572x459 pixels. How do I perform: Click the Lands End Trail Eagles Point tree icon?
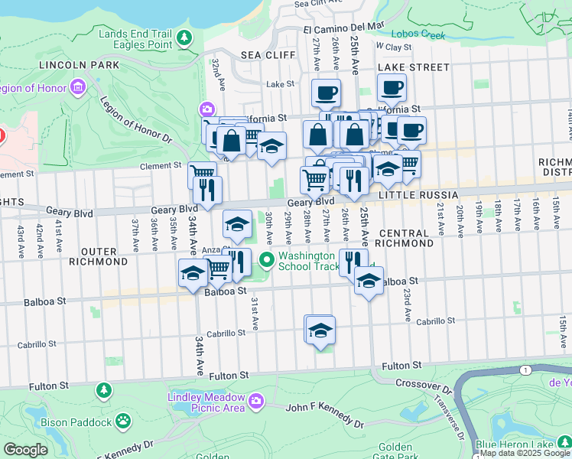pos(184,37)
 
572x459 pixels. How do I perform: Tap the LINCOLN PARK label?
pos(82,65)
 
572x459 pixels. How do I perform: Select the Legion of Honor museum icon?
pos(76,88)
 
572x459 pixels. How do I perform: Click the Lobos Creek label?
pos(418,34)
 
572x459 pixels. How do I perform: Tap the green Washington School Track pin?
pos(267,261)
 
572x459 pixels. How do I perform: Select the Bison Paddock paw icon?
pos(122,421)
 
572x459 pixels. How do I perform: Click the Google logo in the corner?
pos(25,450)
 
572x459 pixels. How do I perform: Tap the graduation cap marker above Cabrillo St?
pos(320,330)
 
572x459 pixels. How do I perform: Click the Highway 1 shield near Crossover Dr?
pos(525,371)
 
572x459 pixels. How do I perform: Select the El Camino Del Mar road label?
pos(343,27)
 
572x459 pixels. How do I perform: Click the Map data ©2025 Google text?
pos(525,453)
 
